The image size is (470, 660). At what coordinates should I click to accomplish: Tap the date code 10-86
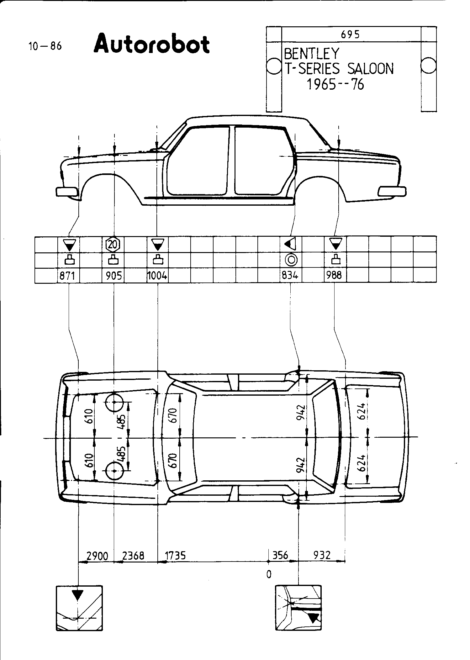(x=45, y=46)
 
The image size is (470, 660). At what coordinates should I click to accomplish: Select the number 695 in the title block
(x=351, y=34)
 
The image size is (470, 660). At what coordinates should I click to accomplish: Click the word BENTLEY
(x=311, y=54)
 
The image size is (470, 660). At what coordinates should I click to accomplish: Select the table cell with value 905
(x=114, y=276)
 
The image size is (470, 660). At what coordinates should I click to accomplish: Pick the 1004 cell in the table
(x=157, y=276)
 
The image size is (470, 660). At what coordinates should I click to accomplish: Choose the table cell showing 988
(x=334, y=276)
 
